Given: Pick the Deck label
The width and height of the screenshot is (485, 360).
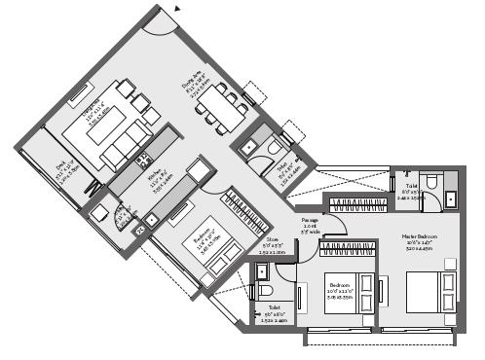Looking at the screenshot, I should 62,175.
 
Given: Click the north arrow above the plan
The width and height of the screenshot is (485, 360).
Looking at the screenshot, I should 176,6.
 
